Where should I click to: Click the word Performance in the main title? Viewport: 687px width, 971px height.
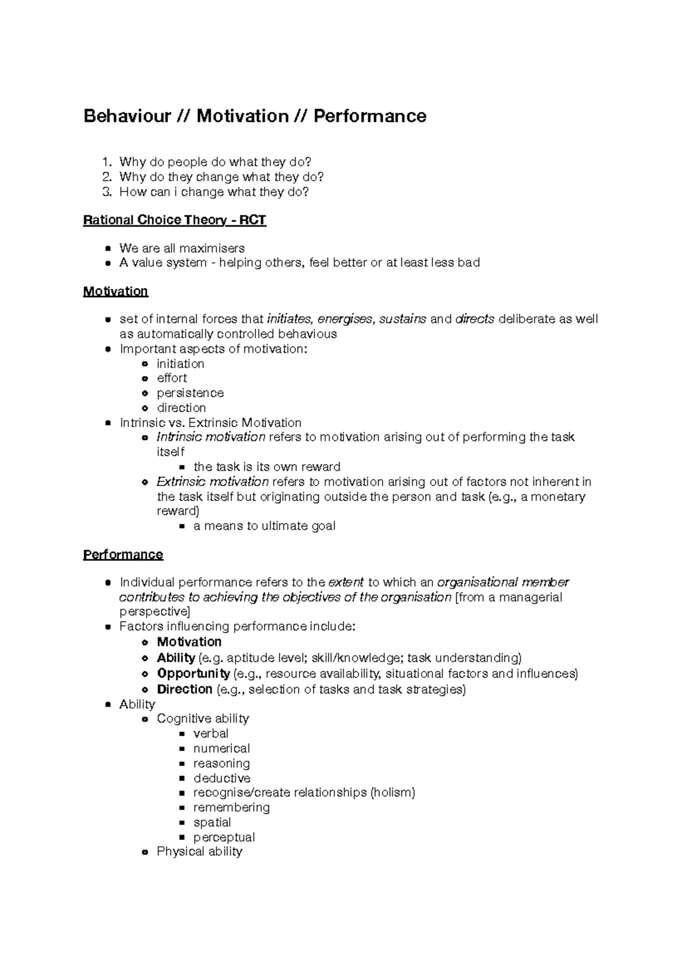coord(369,116)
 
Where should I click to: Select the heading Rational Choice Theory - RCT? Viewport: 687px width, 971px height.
coord(175,220)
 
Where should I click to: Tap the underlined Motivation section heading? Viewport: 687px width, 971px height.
coord(116,291)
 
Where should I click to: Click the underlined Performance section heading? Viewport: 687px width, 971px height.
coord(123,555)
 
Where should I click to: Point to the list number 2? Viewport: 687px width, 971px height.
coord(106,177)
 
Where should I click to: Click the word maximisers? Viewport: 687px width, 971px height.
coord(212,248)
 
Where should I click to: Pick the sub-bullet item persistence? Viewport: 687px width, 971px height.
coord(190,393)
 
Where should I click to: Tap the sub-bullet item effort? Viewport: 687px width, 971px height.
coord(172,378)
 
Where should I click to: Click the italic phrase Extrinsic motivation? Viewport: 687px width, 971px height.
coord(212,482)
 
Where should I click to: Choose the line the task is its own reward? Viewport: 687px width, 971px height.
coord(267,467)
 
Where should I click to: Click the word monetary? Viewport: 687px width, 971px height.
coord(558,497)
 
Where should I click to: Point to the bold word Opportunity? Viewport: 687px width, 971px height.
coord(194,674)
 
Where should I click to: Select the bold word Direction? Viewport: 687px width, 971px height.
coord(185,689)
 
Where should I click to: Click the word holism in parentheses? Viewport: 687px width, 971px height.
coord(392,793)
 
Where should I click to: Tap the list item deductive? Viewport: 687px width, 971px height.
coord(222,779)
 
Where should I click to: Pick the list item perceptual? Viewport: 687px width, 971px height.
coord(224,838)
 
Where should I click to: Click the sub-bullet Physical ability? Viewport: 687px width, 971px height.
coord(199,852)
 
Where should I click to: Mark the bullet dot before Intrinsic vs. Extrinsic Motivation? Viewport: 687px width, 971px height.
coord(108,423)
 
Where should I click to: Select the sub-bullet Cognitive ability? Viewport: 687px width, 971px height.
coord(203,719)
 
